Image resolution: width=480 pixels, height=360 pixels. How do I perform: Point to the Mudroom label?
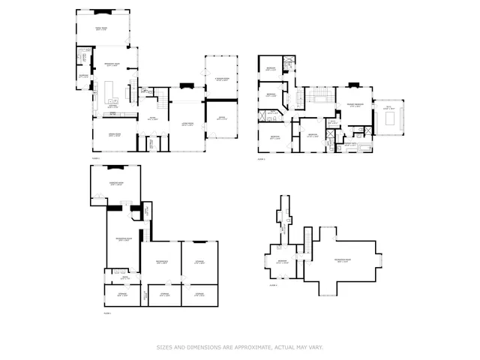[84, 75]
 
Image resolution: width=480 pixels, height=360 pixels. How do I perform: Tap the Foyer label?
[152, 118]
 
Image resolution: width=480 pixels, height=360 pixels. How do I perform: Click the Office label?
[221, 118]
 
